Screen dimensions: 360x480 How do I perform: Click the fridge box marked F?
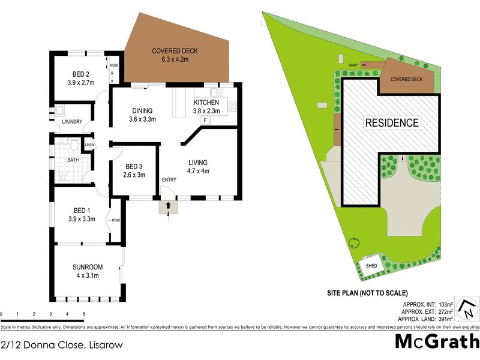pos(205,121)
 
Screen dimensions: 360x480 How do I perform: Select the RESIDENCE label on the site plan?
pos(392,123)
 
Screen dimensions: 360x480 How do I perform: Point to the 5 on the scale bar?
pos(84,314)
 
